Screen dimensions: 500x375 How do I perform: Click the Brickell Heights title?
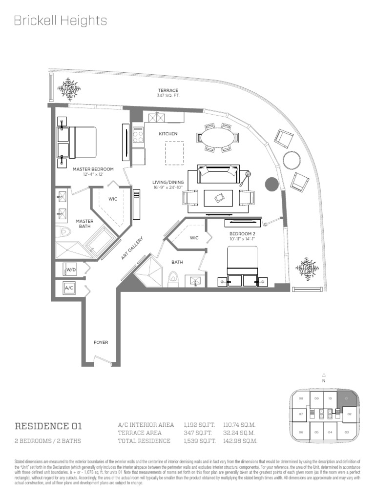click(x=60, y=21)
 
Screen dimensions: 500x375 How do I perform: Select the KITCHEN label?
click(x=168, y=133)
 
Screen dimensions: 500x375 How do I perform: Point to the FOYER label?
click(x=101, y=342)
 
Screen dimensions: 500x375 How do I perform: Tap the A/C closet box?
click(x=69, y=289)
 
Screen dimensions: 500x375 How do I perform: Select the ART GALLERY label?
click(x=132, y=248)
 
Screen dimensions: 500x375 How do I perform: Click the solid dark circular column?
click(x=271, y=184)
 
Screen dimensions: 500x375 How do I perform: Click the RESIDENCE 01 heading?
click(x=48, y=426)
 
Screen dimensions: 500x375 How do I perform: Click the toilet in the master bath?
click(x=61, y=231)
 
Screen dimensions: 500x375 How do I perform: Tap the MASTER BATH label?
click(x=84, y=224)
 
